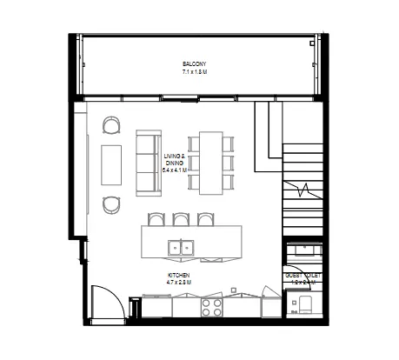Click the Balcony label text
tap(194, 64)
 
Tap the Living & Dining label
tap(175, 158)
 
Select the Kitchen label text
tap(179, 275)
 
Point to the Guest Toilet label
tap(303, 275)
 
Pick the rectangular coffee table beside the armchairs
tap(110, 164)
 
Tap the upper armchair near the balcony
tap(112, 126)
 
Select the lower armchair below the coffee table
tap(112, 204)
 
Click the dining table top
tap(210, 163)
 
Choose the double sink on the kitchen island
tap(183, 248)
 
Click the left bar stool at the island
tap(156, 219)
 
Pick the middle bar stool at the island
tap(180, 219)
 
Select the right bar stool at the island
tap(205, 219)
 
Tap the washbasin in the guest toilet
tap(304, 251)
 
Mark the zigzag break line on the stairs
tap(303, 188)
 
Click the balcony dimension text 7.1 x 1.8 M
tap(194, 71)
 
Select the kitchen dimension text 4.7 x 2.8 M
tap(179, 282)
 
